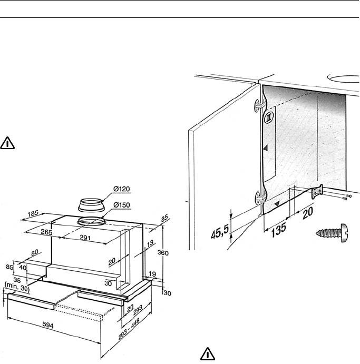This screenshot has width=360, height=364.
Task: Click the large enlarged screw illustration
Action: pyautogui.click(x=331, y=232)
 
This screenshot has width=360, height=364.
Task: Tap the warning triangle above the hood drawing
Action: pyautogui.click(x=7, y=142)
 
